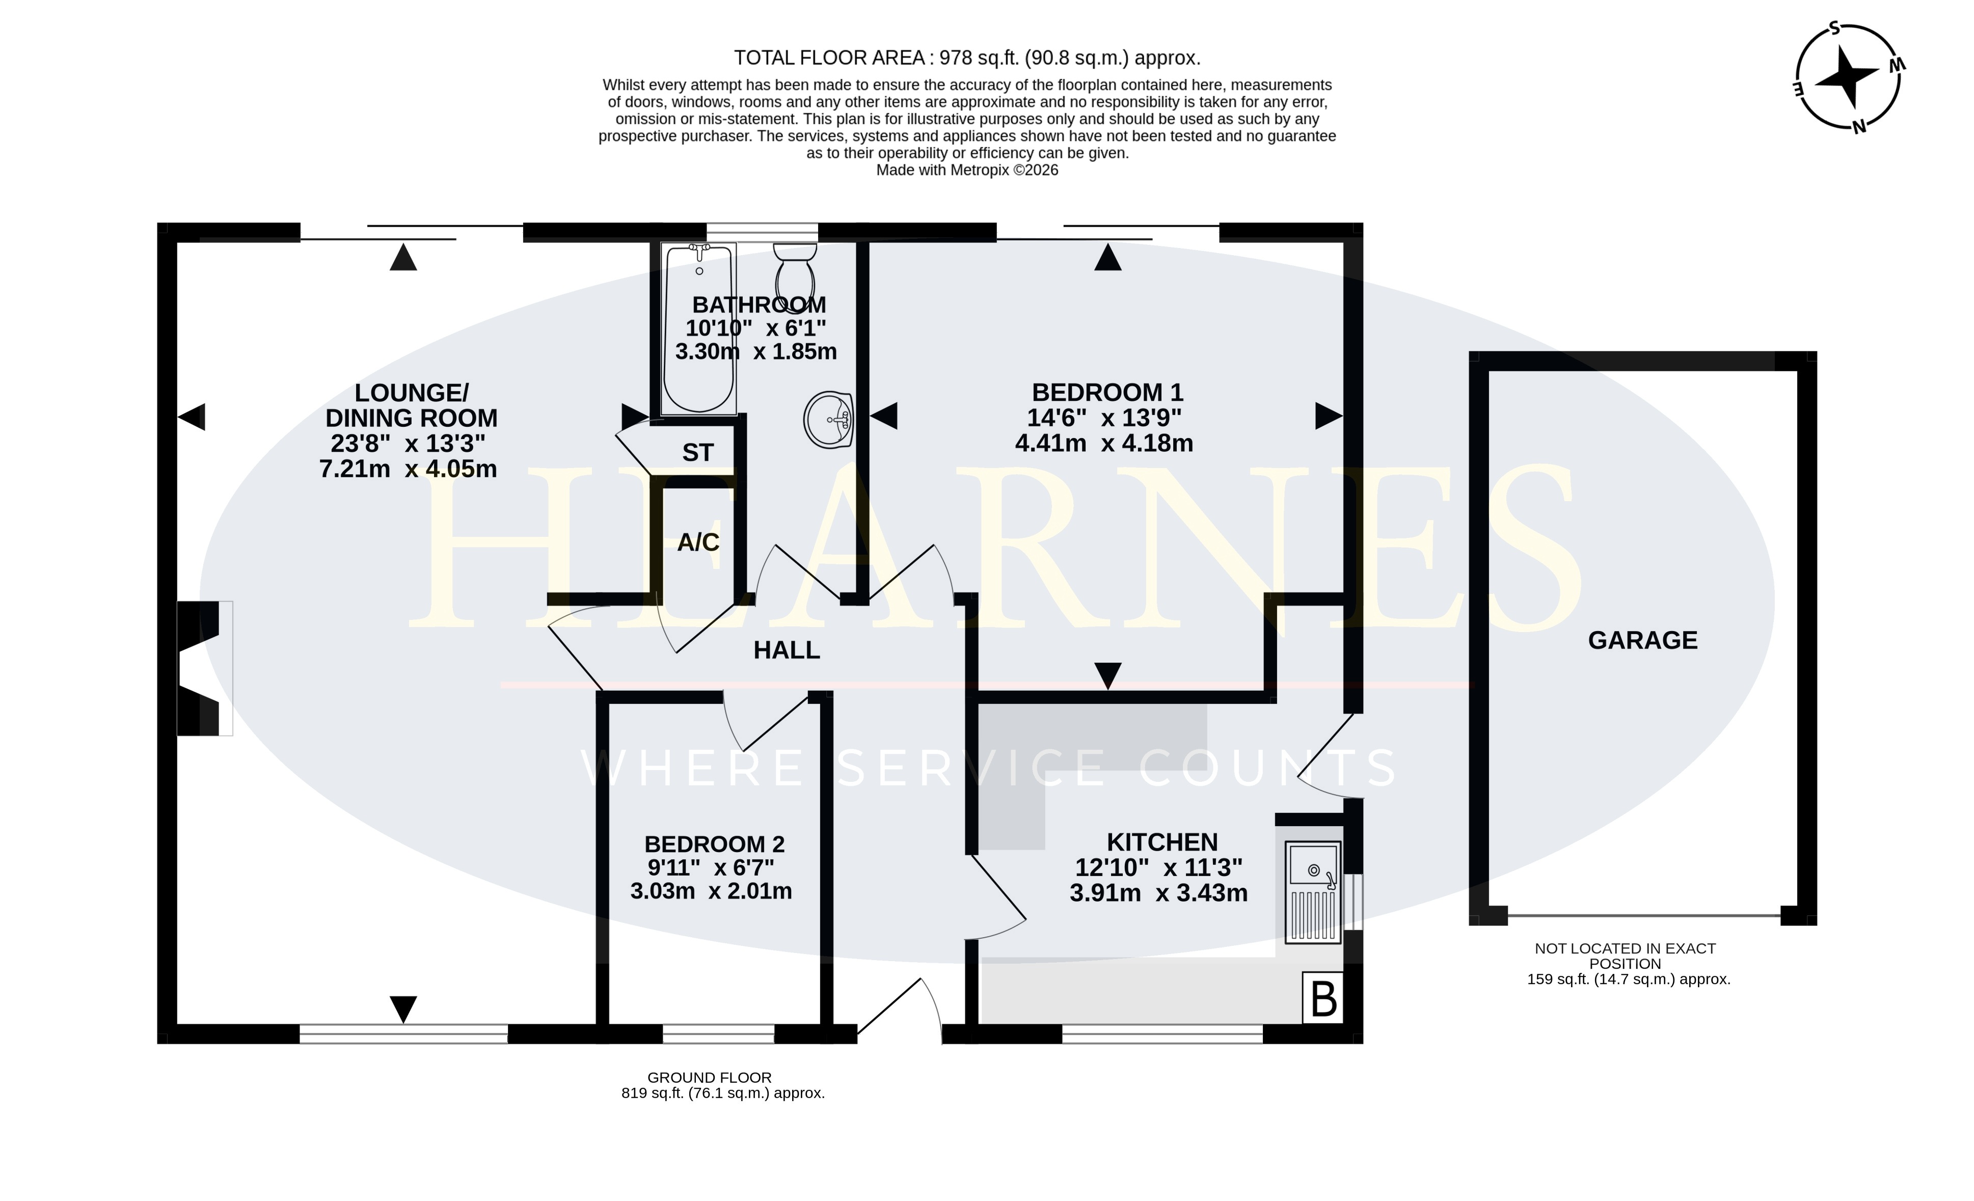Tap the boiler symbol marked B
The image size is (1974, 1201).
(x=1323, y=997)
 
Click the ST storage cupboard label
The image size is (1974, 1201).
(x=698, y=453)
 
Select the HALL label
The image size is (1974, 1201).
(x=787, y=650)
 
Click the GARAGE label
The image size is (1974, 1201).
(x=1643, y=640)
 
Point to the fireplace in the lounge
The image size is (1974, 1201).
(x=204, y=668)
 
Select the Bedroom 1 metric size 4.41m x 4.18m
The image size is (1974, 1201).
(x=1104, y=443)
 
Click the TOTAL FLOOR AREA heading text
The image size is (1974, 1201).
(x=967, y=58)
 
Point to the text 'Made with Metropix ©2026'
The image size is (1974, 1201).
(x=967, y=170)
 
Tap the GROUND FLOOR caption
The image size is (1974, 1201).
(x=710, y=1078)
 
